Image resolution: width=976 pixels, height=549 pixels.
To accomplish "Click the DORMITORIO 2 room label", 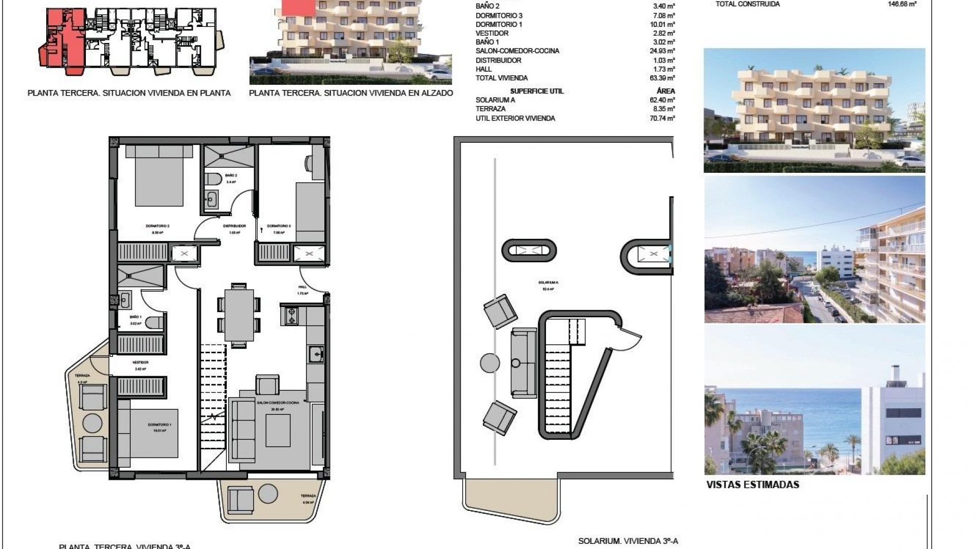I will [158, 226].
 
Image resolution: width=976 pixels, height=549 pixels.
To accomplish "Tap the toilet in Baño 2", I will [213, 179].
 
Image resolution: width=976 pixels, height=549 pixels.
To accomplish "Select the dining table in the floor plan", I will [239, 315].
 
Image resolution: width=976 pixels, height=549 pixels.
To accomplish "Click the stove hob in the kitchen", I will [292, 315].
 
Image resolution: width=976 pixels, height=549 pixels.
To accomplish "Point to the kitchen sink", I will [316, 353].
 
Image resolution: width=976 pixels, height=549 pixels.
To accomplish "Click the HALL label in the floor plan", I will [302, 287].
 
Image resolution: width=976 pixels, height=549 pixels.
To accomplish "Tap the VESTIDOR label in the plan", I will [140, 362].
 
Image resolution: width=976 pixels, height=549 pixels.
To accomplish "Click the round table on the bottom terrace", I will [268, 494].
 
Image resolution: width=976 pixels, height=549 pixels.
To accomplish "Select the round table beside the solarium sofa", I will [490, 363].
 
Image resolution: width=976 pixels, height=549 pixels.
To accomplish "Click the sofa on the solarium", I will [524, 363].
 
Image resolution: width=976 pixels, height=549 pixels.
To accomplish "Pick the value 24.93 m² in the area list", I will [664, 51].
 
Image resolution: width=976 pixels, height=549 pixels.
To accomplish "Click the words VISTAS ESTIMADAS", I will [752, 484].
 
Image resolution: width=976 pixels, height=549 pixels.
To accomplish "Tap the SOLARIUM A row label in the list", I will [495, 100].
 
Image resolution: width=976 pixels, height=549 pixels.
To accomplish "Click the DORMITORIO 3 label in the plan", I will [279, 226].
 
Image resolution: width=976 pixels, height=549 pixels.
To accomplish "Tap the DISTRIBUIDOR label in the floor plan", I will [234, 226].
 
